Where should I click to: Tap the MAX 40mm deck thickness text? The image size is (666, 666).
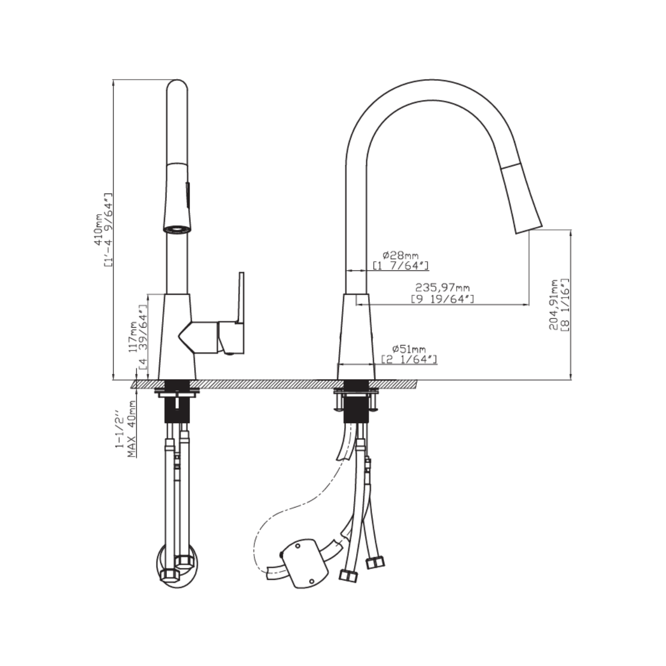(x=131, y=428)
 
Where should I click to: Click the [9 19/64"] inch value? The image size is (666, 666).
(x=442, y=299)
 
